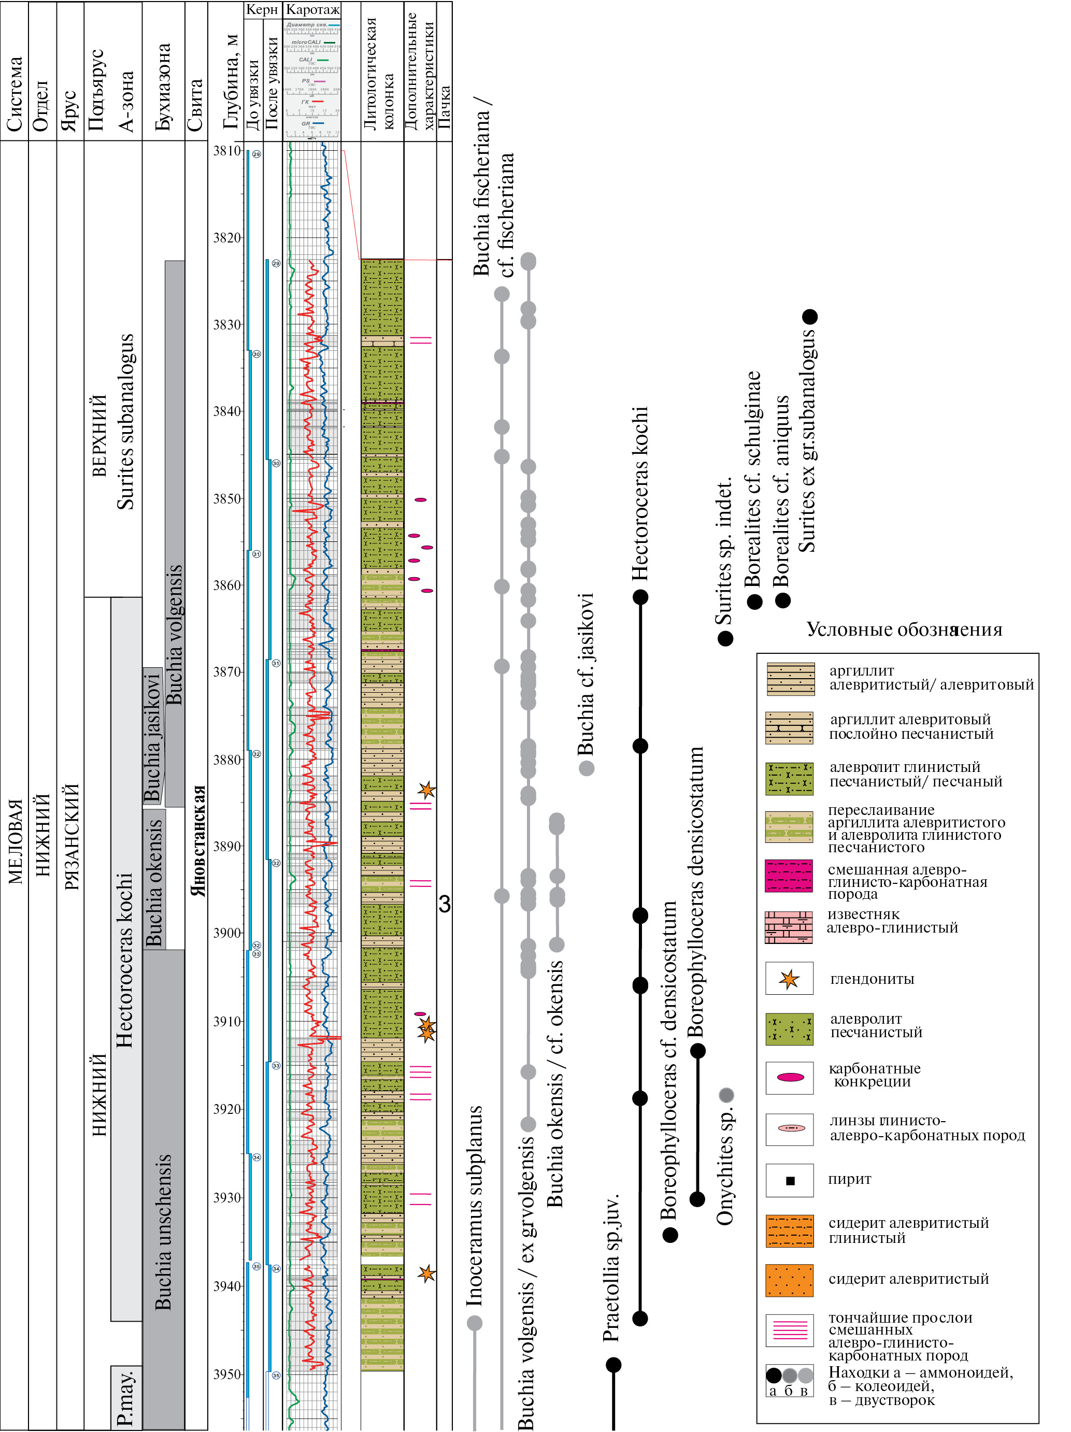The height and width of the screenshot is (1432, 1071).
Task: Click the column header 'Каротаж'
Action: click(313, 10)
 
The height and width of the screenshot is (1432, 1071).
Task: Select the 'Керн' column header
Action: click(262, 10)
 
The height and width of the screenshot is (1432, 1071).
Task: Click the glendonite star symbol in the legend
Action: click(789, 979)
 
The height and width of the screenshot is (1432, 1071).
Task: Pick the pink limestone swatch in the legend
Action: click(789, 927)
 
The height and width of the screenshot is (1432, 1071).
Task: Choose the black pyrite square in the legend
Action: click(789, 1181)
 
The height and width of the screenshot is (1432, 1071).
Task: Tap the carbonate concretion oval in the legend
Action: click(789, 1077)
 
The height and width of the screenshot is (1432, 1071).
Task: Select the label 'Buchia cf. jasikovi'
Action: click(586, 674)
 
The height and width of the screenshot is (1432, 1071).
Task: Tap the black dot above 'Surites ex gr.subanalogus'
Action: click(809, 317)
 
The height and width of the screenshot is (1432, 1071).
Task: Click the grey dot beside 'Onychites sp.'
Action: click(726, 1095)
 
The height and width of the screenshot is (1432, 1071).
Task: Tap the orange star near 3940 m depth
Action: click(426, 1274)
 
